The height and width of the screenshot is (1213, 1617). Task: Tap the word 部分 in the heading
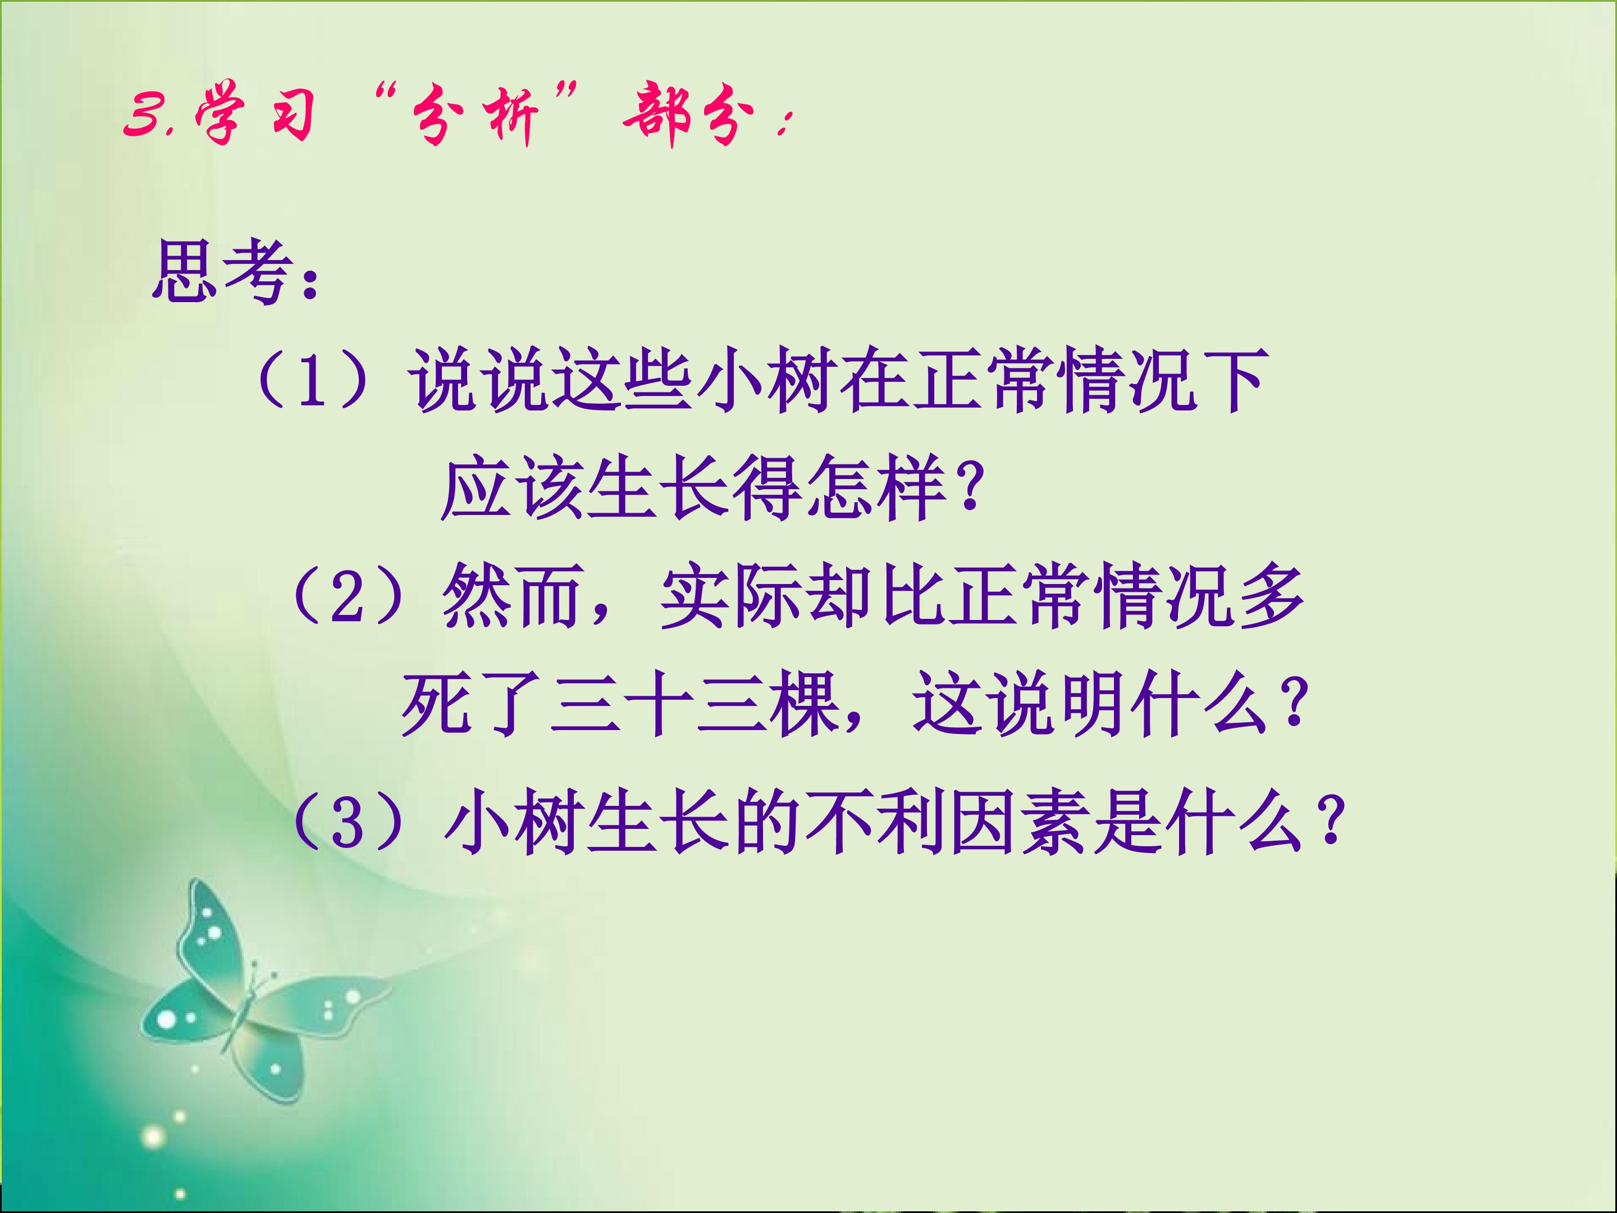[688, 117]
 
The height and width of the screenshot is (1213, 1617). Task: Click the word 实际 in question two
[732, 596]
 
